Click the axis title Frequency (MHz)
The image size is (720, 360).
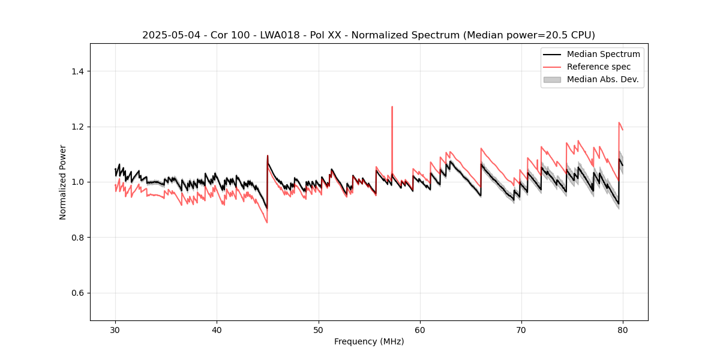pos(369,341)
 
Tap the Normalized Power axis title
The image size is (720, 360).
pos(63,182)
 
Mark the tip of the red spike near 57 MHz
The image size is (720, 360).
pos(392,107)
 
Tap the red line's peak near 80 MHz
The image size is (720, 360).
pos(619,122)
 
